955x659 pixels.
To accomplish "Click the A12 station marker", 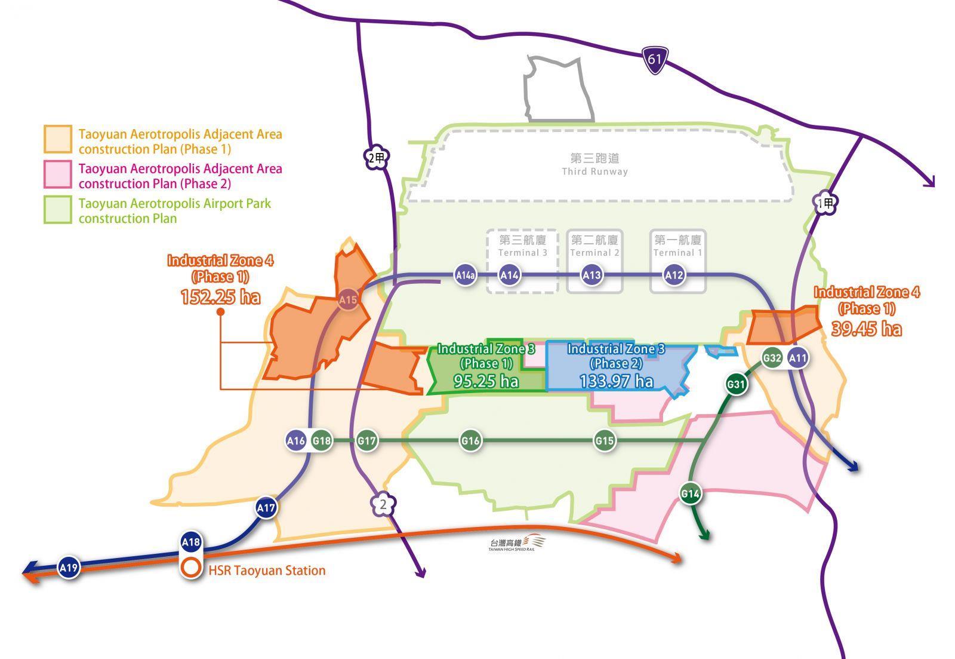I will pos(674,275).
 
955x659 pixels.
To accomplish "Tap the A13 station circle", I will pos(592,275).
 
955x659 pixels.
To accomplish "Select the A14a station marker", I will pos(466,275).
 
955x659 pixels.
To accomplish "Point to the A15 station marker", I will pos(347,299).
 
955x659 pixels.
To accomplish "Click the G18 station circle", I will pos(322,441).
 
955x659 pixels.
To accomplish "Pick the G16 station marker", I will pos(470,441).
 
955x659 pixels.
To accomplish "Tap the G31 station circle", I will pos(737,384).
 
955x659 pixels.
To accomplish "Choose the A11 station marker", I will pos(797,358).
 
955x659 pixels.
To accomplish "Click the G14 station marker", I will pos(690,494).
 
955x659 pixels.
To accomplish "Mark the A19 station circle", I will pos(69,566).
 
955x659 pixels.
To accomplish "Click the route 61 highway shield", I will pos(655,60).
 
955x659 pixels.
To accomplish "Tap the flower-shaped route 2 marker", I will pos(383,505).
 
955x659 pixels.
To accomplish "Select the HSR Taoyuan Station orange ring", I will pos(191,568).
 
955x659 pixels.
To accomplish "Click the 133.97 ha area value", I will pos(616,381).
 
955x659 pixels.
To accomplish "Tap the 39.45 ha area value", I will pos(866,329).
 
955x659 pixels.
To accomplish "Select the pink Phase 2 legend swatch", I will pos(57,174).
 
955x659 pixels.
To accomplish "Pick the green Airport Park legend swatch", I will pos(57,210).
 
